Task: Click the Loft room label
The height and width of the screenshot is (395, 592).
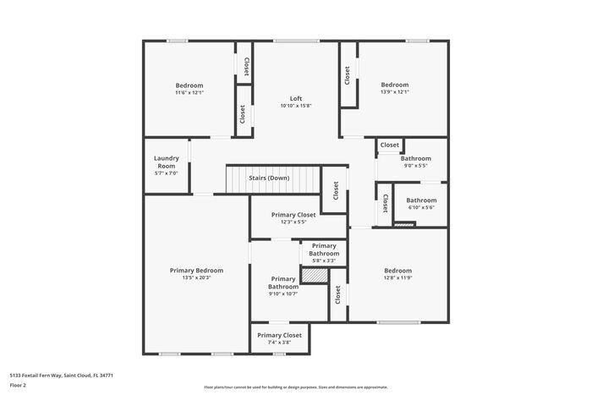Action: (x=296, y=98)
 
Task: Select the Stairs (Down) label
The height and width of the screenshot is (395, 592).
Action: (x=269, y=178)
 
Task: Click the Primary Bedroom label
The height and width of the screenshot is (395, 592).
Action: (x=196, y=271)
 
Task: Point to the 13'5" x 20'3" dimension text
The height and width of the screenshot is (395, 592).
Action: (x=196, y=278)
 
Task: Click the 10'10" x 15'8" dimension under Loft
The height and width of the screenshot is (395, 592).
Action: (x=296, y=106)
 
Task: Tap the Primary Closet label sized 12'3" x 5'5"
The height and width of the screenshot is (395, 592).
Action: (x=293, y=215)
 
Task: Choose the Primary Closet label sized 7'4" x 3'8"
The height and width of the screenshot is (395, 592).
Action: (x=279, y=335)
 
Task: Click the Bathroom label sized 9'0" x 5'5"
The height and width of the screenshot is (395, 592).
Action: (x=415, y=158)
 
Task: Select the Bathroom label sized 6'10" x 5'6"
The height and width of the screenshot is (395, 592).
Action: (x=421, y=200)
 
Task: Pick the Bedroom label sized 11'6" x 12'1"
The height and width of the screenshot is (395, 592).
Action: (x=189, y=85)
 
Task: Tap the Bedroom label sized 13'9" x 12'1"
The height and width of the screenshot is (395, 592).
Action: (x=394, y=85)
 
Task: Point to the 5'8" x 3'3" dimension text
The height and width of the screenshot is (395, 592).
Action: (x=323, y=261)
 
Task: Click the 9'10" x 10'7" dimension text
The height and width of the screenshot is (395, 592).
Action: (x=283, y=294)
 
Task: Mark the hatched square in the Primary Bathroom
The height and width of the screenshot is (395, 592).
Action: (x=314, y=276)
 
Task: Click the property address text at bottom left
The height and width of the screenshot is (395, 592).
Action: (x=62, y=375)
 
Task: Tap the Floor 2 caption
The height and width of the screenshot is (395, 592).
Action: (x=18, y=385)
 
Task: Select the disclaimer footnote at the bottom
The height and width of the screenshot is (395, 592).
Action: (x=295, y=387)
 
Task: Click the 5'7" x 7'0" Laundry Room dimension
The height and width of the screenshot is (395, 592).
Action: (x=166, y=173)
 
